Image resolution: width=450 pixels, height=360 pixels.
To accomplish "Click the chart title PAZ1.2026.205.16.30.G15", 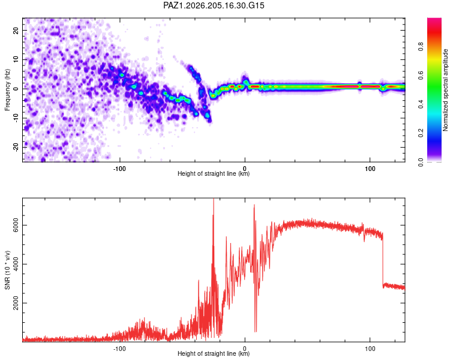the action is point(214,5).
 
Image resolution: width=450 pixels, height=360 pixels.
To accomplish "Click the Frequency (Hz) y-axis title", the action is point(7,90).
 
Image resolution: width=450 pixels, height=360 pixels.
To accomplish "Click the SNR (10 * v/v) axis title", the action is point(7,270).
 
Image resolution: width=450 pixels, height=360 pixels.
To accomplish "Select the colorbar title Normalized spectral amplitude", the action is point(445,90).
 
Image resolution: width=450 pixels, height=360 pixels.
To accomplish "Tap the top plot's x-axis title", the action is point(214,173).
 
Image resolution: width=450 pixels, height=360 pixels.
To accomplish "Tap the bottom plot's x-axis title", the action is point(214,353).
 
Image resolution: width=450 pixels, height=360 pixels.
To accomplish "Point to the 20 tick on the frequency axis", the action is point(16,30).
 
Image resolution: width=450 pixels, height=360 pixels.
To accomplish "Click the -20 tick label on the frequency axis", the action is point(16,148).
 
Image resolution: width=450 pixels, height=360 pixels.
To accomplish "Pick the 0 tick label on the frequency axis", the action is point(16,89).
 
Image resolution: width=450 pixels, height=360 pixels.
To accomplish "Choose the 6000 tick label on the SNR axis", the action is point(16,225).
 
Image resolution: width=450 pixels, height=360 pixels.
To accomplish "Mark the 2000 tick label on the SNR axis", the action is point(16,303).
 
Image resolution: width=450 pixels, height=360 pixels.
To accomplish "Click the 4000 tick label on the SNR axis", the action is point(16,264).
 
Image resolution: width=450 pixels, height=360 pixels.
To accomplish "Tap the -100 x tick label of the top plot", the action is point(119,169).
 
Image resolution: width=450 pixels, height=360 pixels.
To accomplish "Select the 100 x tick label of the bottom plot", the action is point(370,349).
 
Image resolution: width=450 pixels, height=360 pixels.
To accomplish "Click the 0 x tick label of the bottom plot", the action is point(245,349).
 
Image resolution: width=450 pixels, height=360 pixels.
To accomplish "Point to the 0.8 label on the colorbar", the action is point(421,46).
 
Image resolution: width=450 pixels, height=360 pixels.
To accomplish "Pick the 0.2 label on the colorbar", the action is point(421,133).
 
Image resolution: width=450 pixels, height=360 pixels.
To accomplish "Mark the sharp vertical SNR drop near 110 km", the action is point(383,260).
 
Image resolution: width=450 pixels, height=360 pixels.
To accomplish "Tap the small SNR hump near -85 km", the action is point(143,327).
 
